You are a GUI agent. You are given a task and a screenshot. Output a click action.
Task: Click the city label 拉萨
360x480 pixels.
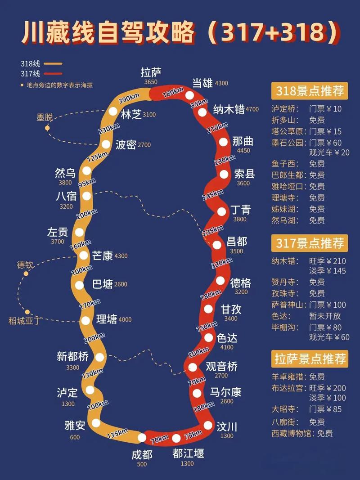(x=151, y=72)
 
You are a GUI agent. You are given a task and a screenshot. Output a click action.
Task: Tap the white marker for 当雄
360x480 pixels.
(x=189, y=95)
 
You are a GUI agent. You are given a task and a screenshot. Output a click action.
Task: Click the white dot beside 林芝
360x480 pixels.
(x=113, y=111)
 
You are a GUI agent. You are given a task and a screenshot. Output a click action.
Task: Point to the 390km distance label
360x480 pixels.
(x=129, y=99)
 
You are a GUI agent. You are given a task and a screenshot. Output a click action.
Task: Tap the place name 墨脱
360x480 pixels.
(x=45, y=117)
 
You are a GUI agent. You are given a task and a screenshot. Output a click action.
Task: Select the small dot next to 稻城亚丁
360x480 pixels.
(x=27, y=311)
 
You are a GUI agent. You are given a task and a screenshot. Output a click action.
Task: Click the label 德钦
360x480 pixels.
(x=25, y=265)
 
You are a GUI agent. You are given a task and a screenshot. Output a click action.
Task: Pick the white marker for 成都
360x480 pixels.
(x=142, y=437)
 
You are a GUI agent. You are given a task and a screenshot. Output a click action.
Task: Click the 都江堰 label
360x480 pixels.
(x=188, y=453)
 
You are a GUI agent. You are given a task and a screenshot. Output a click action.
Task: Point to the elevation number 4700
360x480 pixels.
(x=252, y=109)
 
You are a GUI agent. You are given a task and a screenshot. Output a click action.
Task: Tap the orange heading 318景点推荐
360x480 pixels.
(x=309, y=91)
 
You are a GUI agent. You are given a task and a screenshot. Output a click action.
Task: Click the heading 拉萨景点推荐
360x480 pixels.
(x=309, y=359)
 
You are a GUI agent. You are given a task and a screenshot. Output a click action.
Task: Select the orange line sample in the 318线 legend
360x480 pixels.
(x=53, y=64)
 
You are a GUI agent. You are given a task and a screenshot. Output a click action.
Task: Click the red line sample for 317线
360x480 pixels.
(x=53, y=73)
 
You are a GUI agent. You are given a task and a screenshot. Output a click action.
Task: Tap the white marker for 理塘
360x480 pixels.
(x=85, y=321)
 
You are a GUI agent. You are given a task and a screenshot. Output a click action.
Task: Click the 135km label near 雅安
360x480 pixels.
(x=118, y=433)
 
